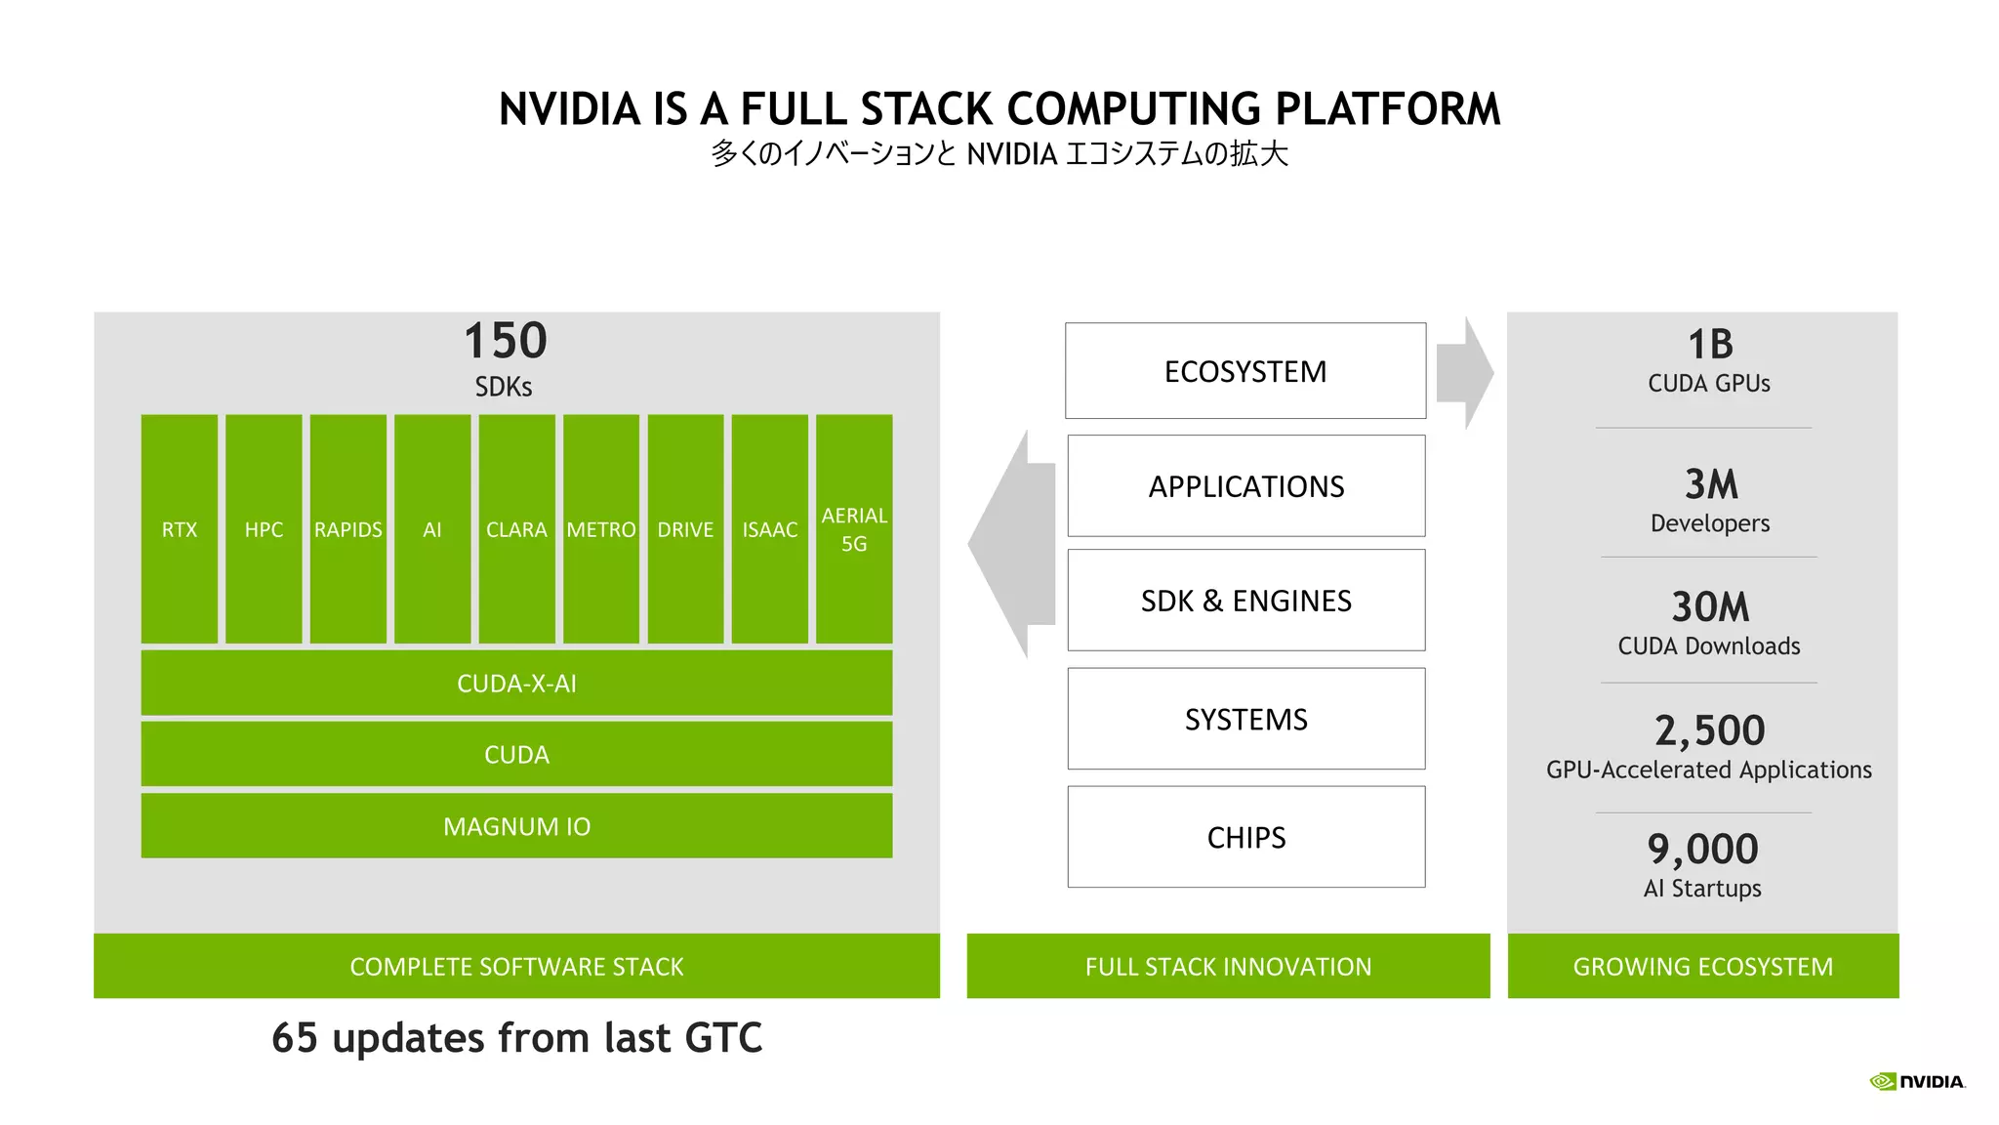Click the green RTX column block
tap(180, 528)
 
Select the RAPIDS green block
tap(347, 528)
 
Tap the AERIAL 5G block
tap(854, 528)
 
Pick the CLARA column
tap(516, 528)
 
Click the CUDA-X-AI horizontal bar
tap(516, 683)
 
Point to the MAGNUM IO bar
tap(516, 826)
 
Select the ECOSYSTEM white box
tap(1245, 371)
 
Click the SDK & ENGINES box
tap(1245, 601)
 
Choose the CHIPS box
tap(1245, 837)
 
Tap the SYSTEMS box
tap(1245, 719)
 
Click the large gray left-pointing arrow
tap(1010, 544)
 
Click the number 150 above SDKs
tap(505, 341)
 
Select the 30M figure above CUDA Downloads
tap(1710, 606)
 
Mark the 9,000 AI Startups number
tap(1702, 849)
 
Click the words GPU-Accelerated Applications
tap(1708, 771)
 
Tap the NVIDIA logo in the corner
tap(1917, 1081)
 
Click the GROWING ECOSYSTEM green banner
tap(1702, 966)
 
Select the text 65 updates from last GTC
tap(516, 1037)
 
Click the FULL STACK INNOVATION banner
tap(1228, 966)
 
